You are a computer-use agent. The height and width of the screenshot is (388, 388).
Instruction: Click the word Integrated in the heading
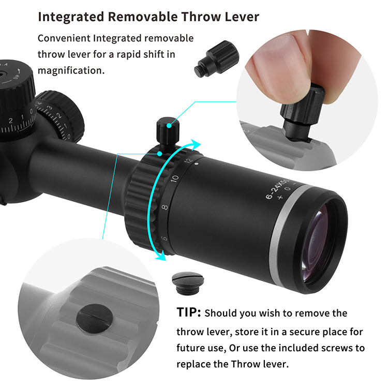pyautogui.click(x=71, y=17)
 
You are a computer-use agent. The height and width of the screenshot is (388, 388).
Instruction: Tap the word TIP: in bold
pyautogui.click(x=188, y=312)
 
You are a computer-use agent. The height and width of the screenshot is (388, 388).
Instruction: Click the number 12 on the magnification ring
pyautogui.click(x=188, y=160)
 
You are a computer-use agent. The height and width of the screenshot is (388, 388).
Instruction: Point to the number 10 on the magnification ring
pyautogui.click(x=175, y=178)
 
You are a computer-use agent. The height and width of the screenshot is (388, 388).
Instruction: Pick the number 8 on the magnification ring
pyautogui.click(x=165, y=207)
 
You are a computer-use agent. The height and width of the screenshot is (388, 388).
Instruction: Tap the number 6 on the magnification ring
pyautogui.click(x=165, y=238)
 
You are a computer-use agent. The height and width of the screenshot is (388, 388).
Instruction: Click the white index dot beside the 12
pyautogui.click(x=197, y=163)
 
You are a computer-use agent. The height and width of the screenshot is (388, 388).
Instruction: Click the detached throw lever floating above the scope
pyautogui.click(x=217, y=59)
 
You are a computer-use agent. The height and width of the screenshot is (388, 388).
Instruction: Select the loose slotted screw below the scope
pyautogui.click(x=188, y=283)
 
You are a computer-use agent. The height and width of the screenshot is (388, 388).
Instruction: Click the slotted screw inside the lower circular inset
pyautogui.click(x=95, y=318)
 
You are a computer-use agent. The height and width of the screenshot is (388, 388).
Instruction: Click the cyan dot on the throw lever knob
pyautogui.click(x=169, y=126)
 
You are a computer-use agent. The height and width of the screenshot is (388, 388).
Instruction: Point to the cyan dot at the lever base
pyautogui.click(x=160, y=154)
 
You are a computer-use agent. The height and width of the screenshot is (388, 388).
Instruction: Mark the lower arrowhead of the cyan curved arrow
pyautogui.click(x=160, y=256)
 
